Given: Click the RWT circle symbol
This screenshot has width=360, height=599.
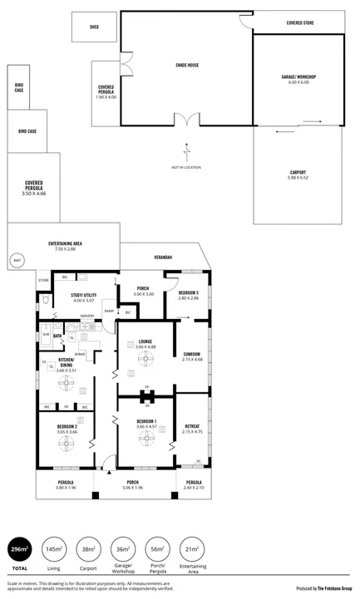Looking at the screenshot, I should point(17,261).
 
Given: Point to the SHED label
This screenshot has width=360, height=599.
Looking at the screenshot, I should point(93,27).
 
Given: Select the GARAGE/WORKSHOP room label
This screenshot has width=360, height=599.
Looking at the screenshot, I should point(298,79).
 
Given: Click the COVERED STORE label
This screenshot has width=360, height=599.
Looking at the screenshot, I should point(299,23).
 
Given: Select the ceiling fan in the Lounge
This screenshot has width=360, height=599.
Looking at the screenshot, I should point(146,358).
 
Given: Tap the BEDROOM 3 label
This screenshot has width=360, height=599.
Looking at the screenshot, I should point(187,293).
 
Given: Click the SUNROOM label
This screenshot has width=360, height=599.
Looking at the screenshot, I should point(192,355).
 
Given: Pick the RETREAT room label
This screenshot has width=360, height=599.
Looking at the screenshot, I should point(192,426).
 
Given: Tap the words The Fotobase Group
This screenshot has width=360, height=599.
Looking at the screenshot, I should point(337,588).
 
